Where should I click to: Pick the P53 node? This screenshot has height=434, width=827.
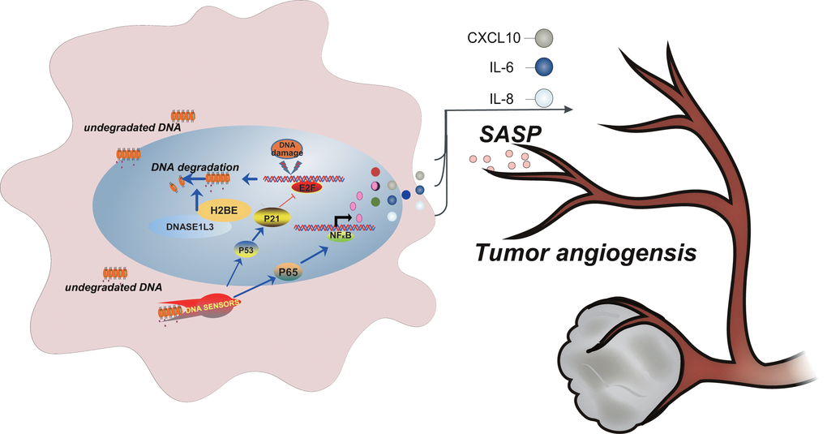(x=246, y=251)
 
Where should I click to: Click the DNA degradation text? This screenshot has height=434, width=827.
(x=194, y=166)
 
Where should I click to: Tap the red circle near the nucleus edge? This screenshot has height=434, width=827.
(x=375, y=172)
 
